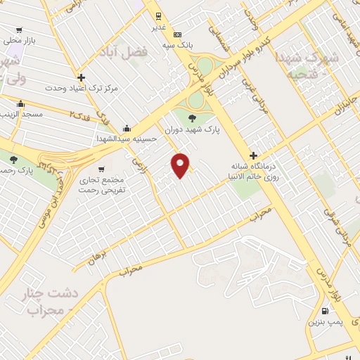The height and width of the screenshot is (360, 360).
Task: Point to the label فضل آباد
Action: pyautogui.click(x=135, y=52)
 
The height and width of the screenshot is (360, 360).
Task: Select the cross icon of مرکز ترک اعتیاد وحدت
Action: pyautogui.click(x=82, y=77)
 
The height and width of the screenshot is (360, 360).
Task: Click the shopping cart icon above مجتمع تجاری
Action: pyautogui.click(x=102, y=169)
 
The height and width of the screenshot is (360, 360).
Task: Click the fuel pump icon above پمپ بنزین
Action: pyautogui.click(x=324, y=311)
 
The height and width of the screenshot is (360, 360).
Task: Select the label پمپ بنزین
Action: pyautogui.click(x=321, y=322)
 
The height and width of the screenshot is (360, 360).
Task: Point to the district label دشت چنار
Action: pyautogui.click(x=60, y=291)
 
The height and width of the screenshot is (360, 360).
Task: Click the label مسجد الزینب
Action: pyautogui.click(x=22, y=113)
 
